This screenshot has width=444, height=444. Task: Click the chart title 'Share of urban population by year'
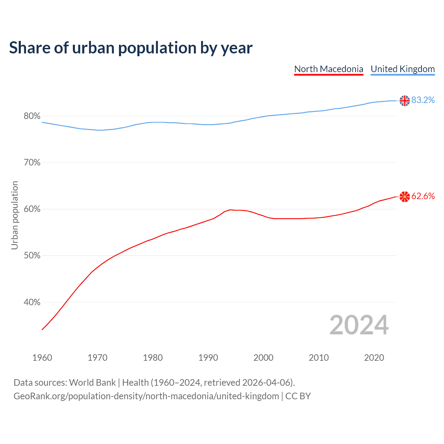tap(131, 48)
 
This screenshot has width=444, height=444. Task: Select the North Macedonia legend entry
tap(328, 69)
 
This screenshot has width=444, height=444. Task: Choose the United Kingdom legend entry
tap(402, 69)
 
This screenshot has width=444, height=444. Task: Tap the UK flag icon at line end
tap(404, 101)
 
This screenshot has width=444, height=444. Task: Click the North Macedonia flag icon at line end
tap(404, 197)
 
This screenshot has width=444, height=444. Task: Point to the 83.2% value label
tap(423, 100)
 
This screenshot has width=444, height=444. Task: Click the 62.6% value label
tap(423, 196)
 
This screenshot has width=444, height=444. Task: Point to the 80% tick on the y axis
tap(32, 116)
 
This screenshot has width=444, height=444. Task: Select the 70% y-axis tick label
tap(32, 163)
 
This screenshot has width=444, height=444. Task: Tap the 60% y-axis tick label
tap(32, 209)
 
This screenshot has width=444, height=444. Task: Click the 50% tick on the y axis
tap(32, 256)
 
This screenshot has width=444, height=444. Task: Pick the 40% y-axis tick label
tap(32, 302)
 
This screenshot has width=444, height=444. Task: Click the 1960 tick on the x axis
tap(42, 358)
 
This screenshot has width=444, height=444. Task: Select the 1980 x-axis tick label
tap(153, 358)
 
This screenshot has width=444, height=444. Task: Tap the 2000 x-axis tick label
tap(263, 358)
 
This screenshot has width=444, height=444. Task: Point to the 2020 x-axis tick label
tap(374, 358)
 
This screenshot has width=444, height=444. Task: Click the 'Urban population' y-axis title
tap(15, 215)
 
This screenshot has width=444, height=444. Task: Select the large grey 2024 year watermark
tap(359, 325)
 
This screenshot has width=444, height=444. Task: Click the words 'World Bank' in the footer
tap(92, 383)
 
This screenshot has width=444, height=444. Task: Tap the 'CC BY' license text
tap(298, 396)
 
